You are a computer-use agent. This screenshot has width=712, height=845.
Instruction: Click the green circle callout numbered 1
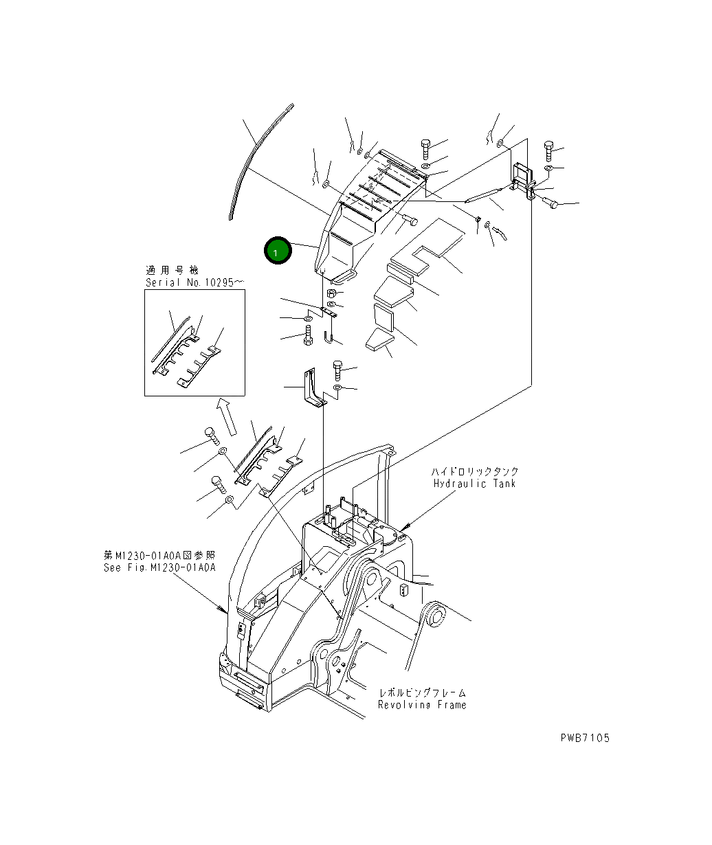(x=277, y=252)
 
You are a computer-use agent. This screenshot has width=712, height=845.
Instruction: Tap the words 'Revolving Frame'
(x=422, y=705)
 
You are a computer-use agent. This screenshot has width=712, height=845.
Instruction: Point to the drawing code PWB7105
(x=584, y=738)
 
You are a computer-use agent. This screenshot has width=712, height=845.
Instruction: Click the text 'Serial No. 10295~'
(x=194, y=282)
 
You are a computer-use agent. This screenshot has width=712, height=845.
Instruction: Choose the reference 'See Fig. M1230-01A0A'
(x=159, y=567)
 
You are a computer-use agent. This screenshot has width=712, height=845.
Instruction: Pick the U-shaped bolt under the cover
(x=328, y=337)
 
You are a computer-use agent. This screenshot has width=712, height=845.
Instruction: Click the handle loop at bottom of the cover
(x=342, y=276)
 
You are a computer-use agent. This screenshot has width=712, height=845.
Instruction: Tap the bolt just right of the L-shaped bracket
(x=338, y=370)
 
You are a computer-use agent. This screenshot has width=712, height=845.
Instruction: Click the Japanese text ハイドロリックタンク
(x=475, y=472)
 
